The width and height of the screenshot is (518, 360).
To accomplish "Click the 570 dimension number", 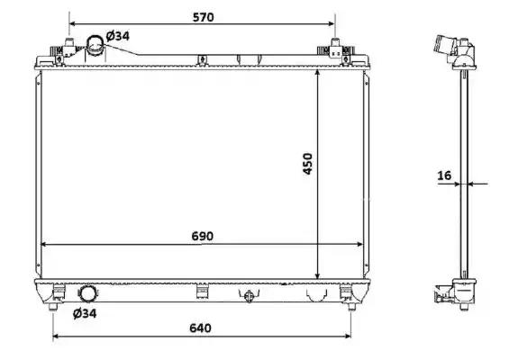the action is [x=204, y=17].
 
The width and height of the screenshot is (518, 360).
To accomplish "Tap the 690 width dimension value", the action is [x=202, y=237].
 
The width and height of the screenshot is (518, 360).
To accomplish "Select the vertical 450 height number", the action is [x=307, y=164].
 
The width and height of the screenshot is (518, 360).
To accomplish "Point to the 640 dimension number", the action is [x=200, y=328].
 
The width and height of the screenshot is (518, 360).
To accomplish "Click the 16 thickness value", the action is [x=444, y=175].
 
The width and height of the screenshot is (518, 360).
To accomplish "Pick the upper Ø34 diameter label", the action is [x=118, y=36].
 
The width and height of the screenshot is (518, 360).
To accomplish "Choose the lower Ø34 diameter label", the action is [x=85, y=313].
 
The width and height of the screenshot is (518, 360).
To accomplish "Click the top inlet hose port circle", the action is [x=95, y=45].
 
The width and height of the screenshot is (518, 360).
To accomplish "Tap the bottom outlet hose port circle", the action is [x=88, y=294].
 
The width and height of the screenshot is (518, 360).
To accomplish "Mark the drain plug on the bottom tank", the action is [x=249, y=296].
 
